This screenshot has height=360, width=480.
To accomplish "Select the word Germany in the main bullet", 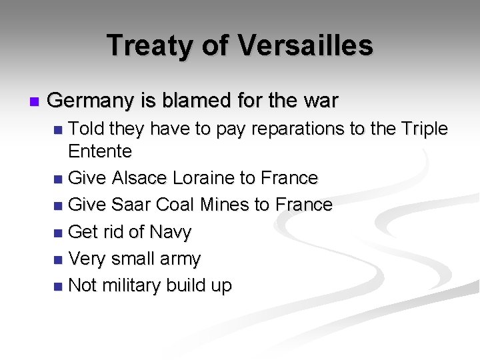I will (x=91, y=101).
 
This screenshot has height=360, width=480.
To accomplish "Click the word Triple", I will (x=423, y=129).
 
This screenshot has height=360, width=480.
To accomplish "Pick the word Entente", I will (x=100, y=151).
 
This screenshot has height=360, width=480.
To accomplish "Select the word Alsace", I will (x=140, y=178).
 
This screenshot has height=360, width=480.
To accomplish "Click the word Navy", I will (x=171, y=232).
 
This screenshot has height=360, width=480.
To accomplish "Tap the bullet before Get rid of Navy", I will (x=59, y=233).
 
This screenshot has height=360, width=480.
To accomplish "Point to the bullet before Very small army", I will (x=59, y=259).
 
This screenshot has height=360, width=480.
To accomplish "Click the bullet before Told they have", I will (x=59, y=129).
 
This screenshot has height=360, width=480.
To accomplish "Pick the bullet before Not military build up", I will (x=59, y=287).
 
